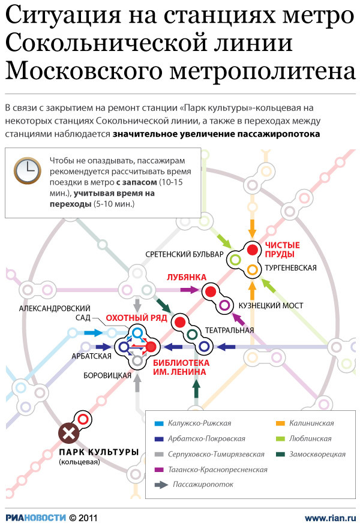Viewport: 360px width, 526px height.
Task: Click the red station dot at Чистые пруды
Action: pyautogui.click(x=253, y=250)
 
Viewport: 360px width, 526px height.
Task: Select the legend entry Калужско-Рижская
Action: pyautogui.click(x=200, y=423)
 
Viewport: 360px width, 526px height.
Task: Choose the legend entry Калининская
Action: pyautogui.click(x=313, y=423)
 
